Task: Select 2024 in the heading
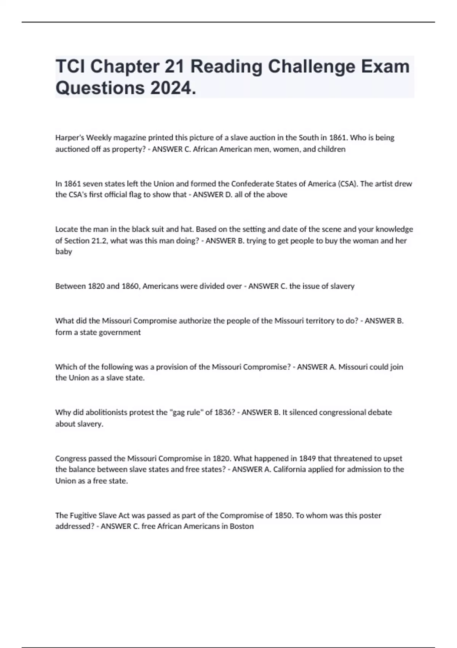(x=173, y=88)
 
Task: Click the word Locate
(x=67, y=229)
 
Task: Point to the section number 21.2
(x=100, y=241)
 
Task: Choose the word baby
(x=64, y=252)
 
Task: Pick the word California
(x=290, y=469)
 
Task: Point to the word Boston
(x=241, y=526)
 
